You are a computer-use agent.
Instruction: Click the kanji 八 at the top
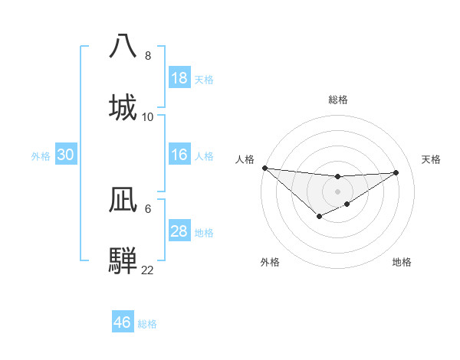(x=123, y=45)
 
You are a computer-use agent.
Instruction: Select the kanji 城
(x=123, y=106)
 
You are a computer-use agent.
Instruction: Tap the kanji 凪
(x=123, y=199)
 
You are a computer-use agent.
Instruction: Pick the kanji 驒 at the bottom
(x=123, y=260)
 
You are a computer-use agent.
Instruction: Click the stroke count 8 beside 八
(x=148, y=56)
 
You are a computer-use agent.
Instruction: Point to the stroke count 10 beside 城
(x=148, y=117)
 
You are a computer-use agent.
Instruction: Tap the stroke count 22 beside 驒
(x=148, y=270)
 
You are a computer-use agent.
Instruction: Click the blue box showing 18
(x=179, y=78)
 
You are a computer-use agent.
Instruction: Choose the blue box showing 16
(x=179, y=155)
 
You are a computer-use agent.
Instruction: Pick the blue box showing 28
(x=179, y=231)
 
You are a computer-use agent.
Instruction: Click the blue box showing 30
(x=65, y=155)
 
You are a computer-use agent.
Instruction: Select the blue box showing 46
(x=122, y=322)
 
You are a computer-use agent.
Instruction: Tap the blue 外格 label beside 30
(x=41, y=155)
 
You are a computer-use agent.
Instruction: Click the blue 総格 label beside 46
(x=147, y=324)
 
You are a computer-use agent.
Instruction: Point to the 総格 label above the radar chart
(x=338, y=100)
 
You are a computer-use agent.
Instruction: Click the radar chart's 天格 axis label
(x=432, y=159)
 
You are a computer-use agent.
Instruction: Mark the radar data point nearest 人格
(x=264, y=168)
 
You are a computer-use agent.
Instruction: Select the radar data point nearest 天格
(x=396, y=172)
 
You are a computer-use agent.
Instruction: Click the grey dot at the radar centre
(x=338, y=191)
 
